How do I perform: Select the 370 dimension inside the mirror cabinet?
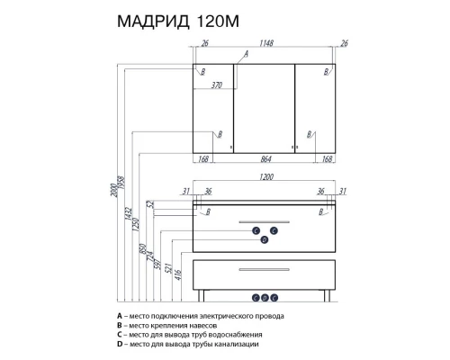tap(216, 85)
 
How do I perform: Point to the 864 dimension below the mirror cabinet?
tap(267, 159)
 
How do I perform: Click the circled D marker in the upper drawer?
tap(265, 240)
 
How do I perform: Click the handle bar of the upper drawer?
tap(267, 220)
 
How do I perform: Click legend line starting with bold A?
tap(200, 316)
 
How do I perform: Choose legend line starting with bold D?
tap(188, 344)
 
